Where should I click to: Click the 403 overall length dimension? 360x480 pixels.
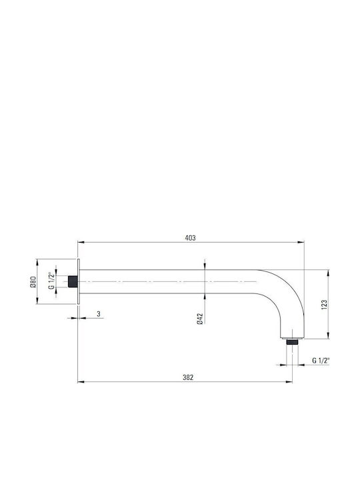pyautogui.click(x=190, y=238)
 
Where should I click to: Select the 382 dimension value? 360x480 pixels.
pyautogui.click(x=188, y=377)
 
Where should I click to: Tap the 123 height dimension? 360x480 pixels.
pyautogui.click(x=324, y=305)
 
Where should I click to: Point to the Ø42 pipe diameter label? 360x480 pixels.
pyautogui.click(x=200, y=319)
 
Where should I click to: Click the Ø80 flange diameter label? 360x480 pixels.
pyautogui.click(x=33, y=281)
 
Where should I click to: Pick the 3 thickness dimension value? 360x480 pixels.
pyautogui.click(x=98, y=314)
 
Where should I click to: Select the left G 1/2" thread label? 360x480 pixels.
pyautogui.click(x=51, y=281)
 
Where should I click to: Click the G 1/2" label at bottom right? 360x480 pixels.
pyautogui.click(x=321, y=360)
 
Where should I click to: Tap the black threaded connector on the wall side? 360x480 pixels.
pyautogui.click(x=73, y=281)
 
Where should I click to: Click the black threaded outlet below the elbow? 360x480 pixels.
pyautogui.click(x=293, y=341)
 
